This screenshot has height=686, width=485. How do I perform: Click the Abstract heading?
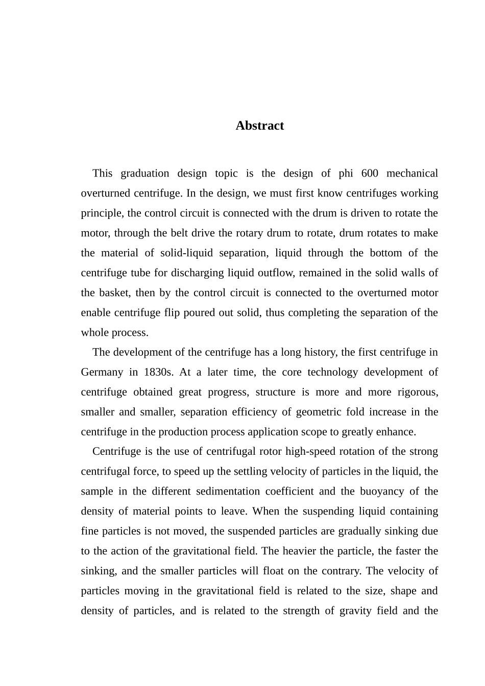point(259,126)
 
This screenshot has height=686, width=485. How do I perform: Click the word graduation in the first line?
point(145,174)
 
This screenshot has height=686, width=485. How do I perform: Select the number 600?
point(370,174)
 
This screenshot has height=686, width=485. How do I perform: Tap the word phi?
point(346,174)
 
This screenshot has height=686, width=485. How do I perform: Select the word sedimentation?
point(228,492)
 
